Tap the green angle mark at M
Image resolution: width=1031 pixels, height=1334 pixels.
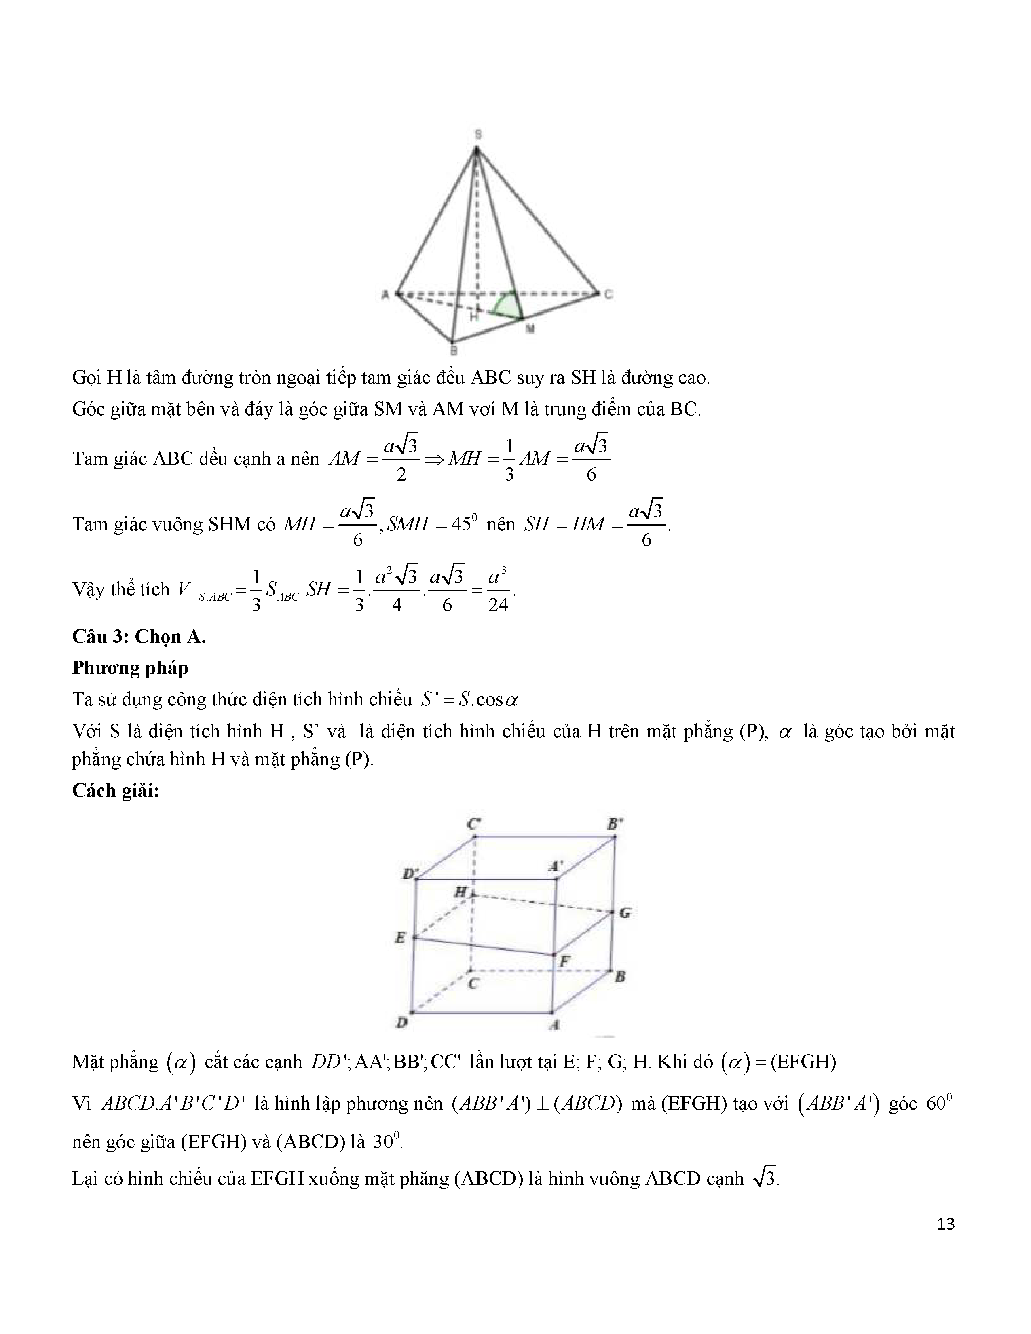click(x=506, y=305)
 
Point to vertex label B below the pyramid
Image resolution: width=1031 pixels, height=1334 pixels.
click(x=454, y=350)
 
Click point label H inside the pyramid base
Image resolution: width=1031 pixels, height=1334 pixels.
click(x=474, y=317)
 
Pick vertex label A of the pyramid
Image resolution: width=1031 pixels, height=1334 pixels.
click(x=385, y=295)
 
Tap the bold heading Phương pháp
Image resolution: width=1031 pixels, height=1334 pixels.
click(x=130, y=668)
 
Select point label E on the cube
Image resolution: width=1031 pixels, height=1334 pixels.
click(x=400, y=937)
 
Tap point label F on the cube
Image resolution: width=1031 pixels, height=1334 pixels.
click(x=565, y=961)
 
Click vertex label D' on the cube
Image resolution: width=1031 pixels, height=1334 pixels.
click(x=408, y=874)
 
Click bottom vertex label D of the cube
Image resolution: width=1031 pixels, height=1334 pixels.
click(x=402, y=1022)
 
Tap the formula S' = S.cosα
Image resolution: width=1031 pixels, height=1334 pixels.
click(x=469, y=699)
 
